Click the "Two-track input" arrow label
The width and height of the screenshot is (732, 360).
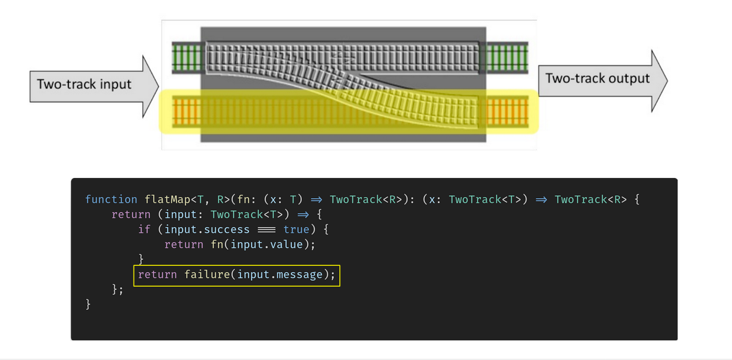84,84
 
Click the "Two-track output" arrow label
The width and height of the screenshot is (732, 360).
597,79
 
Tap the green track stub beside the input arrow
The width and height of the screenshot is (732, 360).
186,57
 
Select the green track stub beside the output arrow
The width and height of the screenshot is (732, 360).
507,57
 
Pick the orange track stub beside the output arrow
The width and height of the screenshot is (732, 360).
507,110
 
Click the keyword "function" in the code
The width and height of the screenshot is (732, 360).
111,199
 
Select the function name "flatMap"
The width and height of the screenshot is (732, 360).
168,199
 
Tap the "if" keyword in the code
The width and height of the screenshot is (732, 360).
144,229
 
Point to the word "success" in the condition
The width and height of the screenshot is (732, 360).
227,229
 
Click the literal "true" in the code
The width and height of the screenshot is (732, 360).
296,229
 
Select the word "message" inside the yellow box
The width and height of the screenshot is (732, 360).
300,274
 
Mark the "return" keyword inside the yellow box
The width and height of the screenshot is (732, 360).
157,274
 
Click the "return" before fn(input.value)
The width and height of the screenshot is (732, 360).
184,244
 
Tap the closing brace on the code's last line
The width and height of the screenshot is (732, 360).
88,304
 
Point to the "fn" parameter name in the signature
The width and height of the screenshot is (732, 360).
243,199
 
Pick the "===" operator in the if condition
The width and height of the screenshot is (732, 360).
267,229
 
